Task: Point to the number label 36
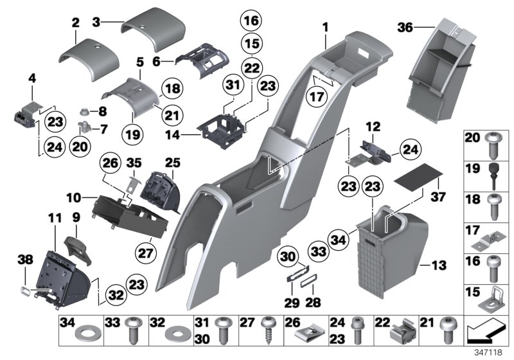coord(422,28)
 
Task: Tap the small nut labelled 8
coord(85,110)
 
